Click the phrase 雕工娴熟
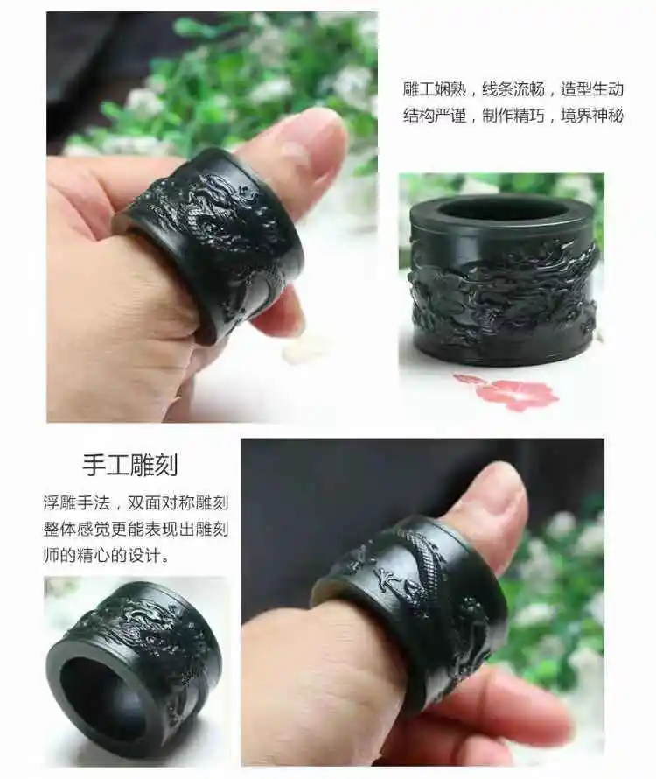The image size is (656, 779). pyautogui.click(x=434, y=89)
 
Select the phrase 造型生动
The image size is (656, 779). pyautogui.click(x=592, y=89)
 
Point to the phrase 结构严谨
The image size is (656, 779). pyautogui.click(x=434, y=116)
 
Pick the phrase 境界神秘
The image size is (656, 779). pyautogui.click(x=592, y=116)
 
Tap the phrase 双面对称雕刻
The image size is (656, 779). pyautogui.click(x=178, y=502)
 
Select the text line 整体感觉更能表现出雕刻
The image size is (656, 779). pyautogui.click(x=136, y=529)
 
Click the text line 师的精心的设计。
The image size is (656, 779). pyautogui.click(x=106, y=555)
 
